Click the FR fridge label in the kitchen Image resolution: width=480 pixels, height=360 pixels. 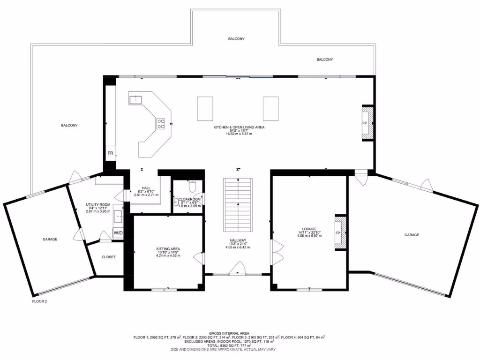pyautogui.click(x=110, y=153)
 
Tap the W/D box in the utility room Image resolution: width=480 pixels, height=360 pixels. pyautogui.click(x=118, y=232)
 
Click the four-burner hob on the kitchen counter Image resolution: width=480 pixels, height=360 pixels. pyautogui.click(x=161, y=123)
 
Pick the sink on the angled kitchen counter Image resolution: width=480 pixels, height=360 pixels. pyautogui.click(x=136, y=99)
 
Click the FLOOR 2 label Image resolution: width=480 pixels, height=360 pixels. pyautogui.click(x=39, y=301)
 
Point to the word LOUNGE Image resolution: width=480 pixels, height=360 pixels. pyautogui.click(x=309, y=229)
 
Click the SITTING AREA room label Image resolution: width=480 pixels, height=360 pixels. pyautogui.click(x=168, y=249)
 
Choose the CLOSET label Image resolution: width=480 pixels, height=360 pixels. pyautogui.click(x=108, y=257)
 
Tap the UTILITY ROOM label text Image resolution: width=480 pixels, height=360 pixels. pyautogui.click(x=98, y=205)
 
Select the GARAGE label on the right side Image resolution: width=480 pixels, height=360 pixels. pyautogui.click(x=412, y=235)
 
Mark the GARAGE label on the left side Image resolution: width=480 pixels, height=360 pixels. pyautogui.click(x=50, y=239)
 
